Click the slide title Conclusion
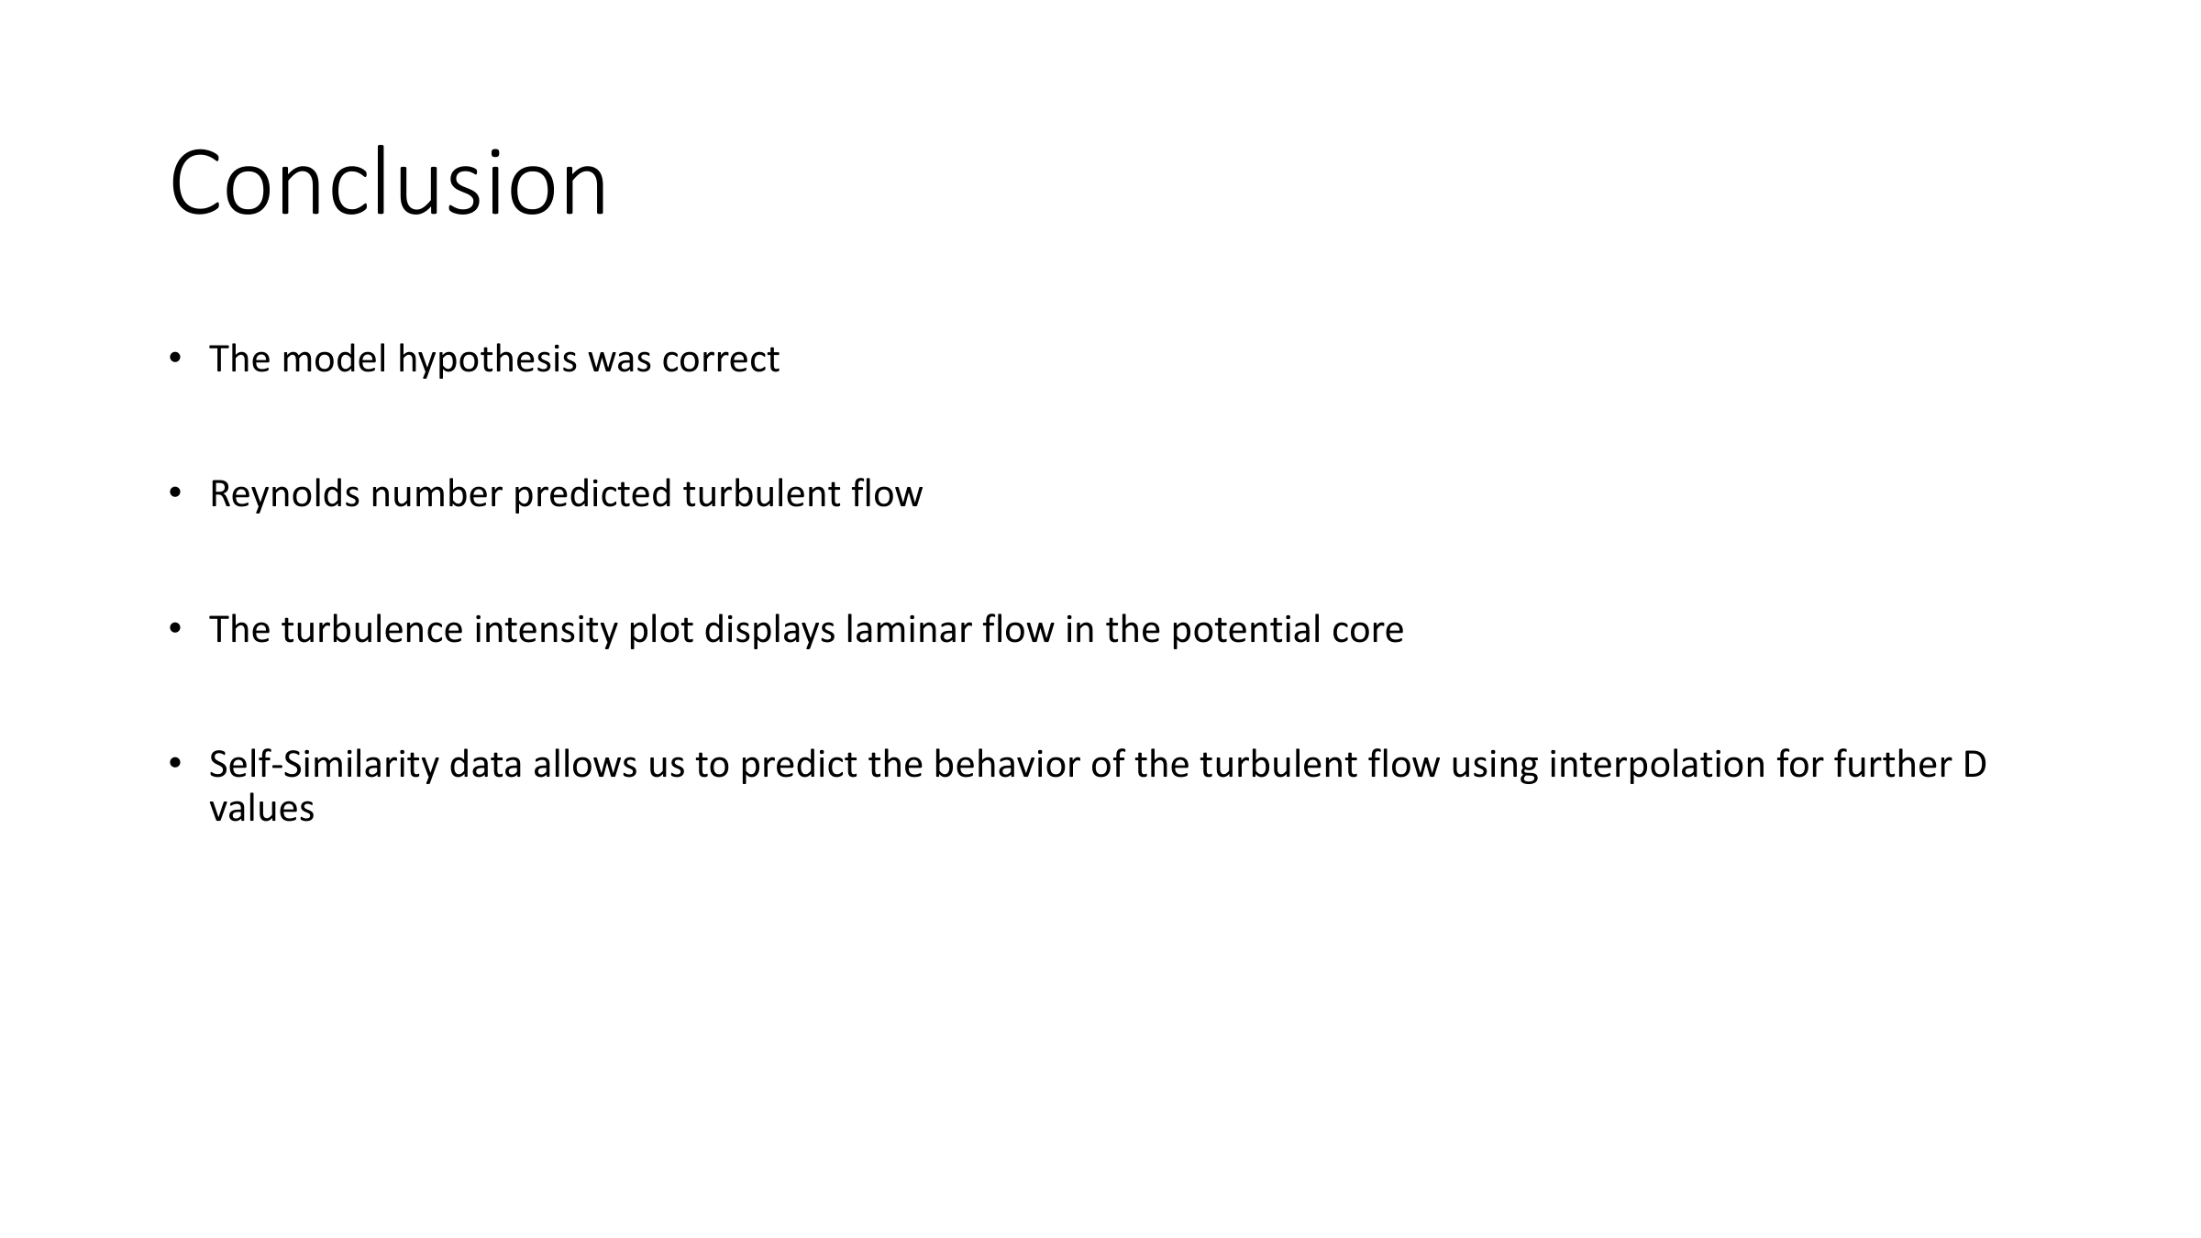click(x=388, y=182)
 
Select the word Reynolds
click(x=284, y=494)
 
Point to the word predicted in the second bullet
click(x=592, y=494)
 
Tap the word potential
click(x=1246, y=630)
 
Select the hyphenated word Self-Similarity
click(x=324, y=765)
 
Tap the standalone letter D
click(x=1974, y=765)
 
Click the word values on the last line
click(x=261, y=809)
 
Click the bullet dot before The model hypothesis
click(x=175, y=359)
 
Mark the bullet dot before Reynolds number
click(x=175, y=493)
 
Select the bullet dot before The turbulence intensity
click(x=175, y=629)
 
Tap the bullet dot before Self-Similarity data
click(x=175, y=764)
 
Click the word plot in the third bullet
click(x=661, y=630)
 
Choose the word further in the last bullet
click(x=1891, y=765)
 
